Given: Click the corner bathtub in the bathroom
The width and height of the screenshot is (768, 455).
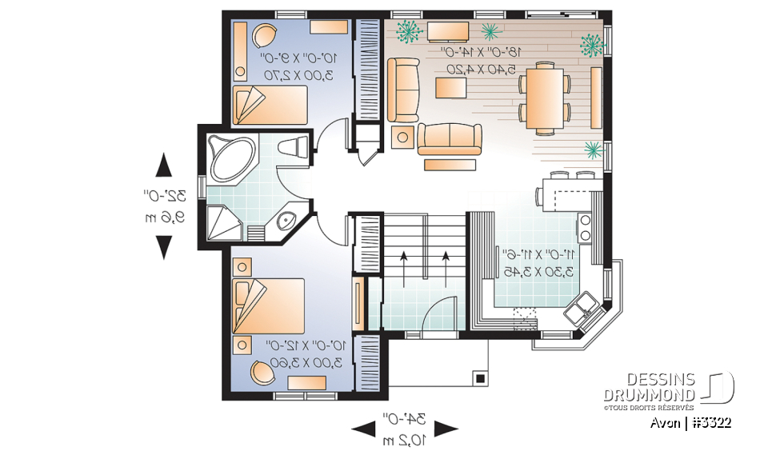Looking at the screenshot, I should point(230,157).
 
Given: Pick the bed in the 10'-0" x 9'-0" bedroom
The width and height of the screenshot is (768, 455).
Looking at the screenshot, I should point(270,105).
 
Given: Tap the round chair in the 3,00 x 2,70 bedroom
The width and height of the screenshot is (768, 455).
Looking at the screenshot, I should point(263,34).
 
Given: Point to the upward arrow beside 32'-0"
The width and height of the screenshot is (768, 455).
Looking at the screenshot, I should point(164,166).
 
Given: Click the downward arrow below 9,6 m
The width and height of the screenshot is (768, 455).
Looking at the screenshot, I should point(164,247).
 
